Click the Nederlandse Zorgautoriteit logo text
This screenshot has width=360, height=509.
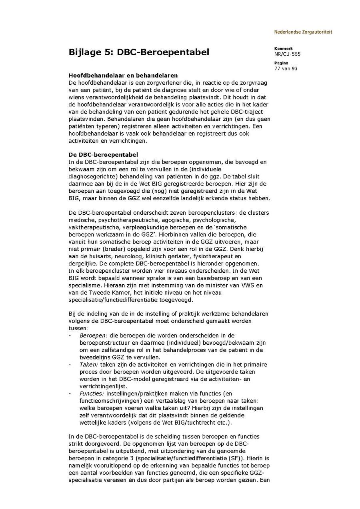(x=303, y=32)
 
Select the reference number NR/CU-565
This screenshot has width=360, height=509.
(x=287, y=54)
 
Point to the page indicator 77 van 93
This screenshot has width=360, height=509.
(x=286, y=68)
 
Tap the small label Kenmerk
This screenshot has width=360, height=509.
(x=283, y=49)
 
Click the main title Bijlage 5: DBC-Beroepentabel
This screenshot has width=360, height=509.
(x=139, y=52)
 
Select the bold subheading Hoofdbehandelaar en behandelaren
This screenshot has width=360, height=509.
(x=123, y=75)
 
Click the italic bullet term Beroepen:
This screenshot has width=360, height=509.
(x=91, y=335)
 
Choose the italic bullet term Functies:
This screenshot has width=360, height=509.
(x=90, y=393)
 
